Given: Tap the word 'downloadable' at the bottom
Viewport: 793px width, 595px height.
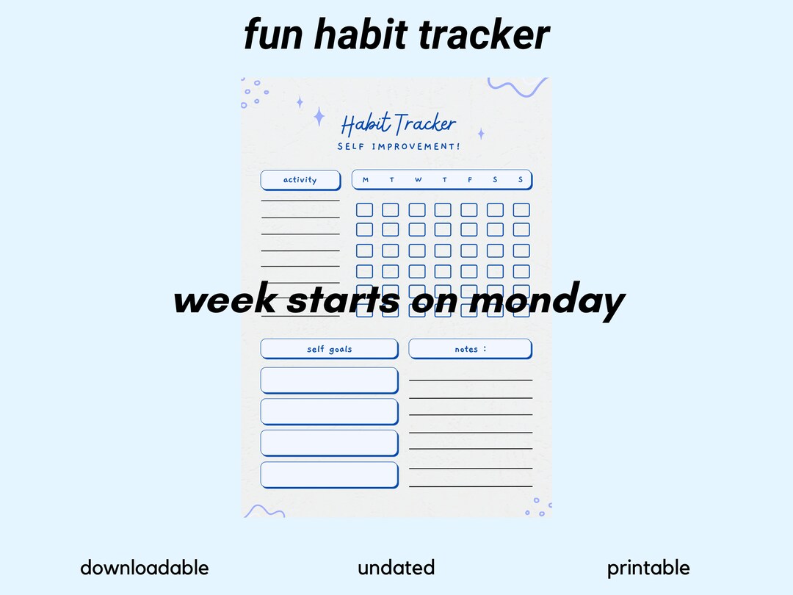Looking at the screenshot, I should point(144,568).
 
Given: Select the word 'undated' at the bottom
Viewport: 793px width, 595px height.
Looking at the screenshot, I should point(396,568).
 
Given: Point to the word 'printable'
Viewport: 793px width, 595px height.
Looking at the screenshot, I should point(648,568).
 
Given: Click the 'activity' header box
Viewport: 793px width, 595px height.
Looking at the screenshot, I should point(300,180).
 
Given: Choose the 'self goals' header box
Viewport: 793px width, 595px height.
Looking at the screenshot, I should point(329,349).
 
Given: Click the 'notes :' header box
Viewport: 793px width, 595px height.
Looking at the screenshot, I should point(470,349).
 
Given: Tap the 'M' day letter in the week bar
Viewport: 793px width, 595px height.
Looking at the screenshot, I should point(366,180).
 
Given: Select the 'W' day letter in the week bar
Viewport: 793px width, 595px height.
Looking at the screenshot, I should point(418,180).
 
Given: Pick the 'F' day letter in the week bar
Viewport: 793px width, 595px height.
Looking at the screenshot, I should point(470,180).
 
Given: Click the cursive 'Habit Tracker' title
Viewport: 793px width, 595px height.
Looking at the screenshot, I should point(398,124).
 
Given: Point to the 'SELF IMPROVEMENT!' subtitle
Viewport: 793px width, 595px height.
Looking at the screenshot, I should point(399,146).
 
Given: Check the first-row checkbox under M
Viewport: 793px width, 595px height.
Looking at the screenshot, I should point(365,210).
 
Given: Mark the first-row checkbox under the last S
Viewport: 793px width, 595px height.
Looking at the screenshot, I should point(521,210).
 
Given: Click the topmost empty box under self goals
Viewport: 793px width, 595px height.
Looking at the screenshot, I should point(329,381).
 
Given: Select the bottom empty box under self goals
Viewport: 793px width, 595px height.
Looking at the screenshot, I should point(329,475).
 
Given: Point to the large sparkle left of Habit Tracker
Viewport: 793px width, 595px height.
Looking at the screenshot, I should point(319,117).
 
